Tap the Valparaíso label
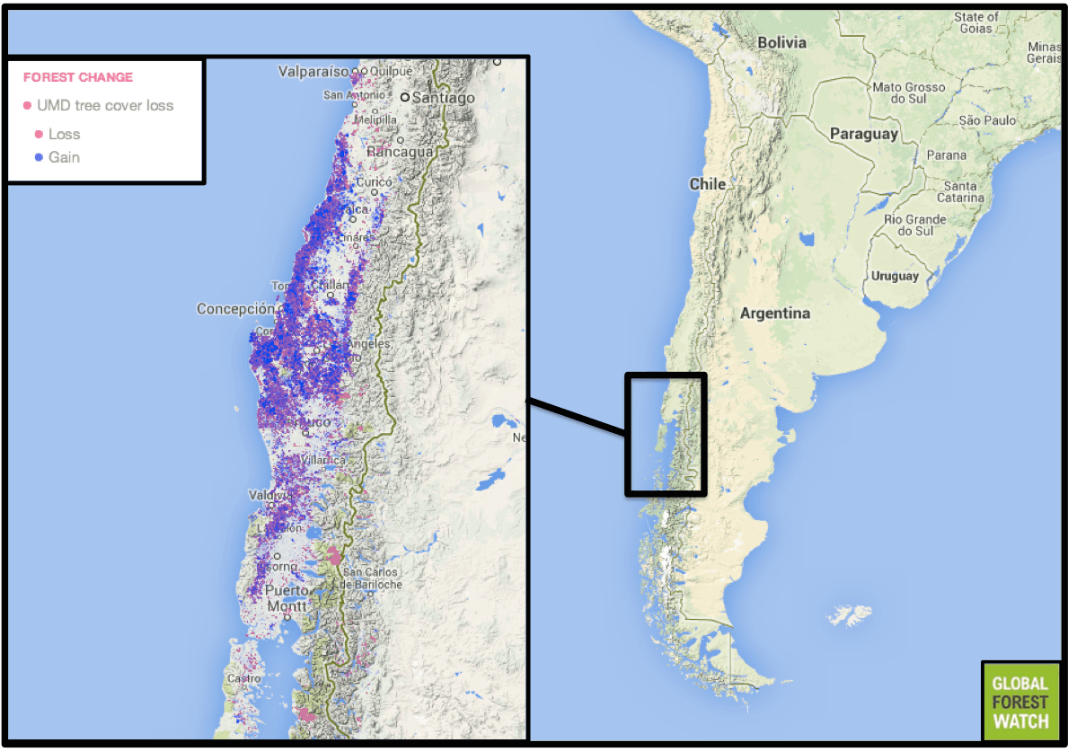tap(313, 71)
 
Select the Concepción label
tap(235, 309)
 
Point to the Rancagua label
tap(401, 152)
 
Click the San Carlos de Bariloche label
tap(373, 578)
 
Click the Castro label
tap(243, 678)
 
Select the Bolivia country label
tap(781, 42)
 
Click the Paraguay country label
tap(863, 134)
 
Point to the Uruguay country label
tap(895, 276)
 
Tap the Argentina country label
tap(774, 314)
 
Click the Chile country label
tap(707, 183)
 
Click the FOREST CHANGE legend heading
tap(78, 77)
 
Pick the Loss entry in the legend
tap(64, 134)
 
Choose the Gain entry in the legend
tap(64, 157)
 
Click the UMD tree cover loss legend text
tap(105, 105)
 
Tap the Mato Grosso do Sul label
tap(909, 93)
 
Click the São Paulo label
tap(987, 119)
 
